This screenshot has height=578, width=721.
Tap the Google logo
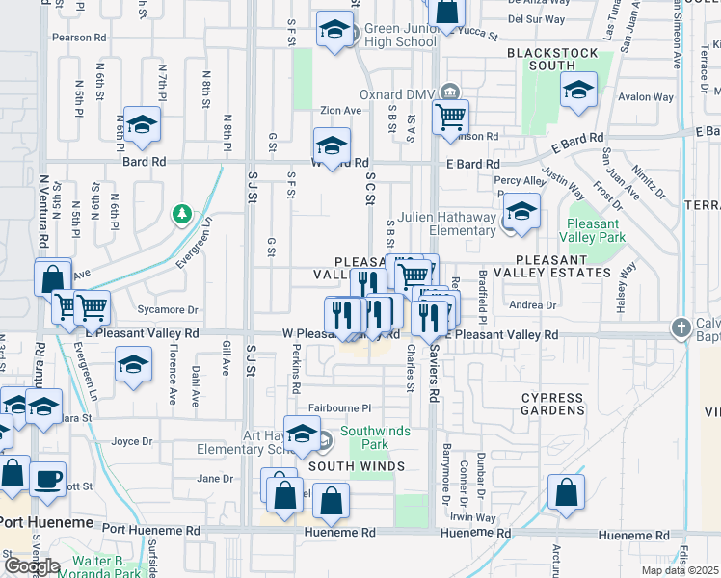(33, 565)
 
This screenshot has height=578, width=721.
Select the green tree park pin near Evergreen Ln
(180, 214)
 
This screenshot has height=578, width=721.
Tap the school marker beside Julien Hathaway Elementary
(521, 212)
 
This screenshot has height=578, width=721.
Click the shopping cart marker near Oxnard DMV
(450, 118)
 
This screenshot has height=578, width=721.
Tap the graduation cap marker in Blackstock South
(577, 91)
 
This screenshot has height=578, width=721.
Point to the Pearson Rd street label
(80, 38)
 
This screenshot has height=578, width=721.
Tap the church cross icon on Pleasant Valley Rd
(682, 327)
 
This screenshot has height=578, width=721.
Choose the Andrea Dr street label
(533, 305)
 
